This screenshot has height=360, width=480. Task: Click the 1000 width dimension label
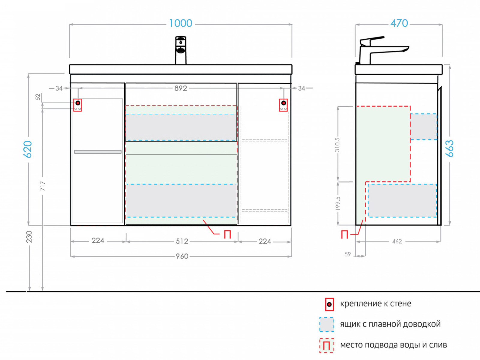(x=181, y=23)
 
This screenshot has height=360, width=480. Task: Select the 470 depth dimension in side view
(x=399, y=23)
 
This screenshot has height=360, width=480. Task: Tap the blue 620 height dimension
(x=28, y=149)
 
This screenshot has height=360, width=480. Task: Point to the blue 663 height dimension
(x=449, y=148)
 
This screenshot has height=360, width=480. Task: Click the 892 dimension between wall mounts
(x=181, y=88)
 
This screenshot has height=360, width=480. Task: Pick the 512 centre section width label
(x=182, y=241)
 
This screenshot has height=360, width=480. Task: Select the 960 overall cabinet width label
(x=182, y=256)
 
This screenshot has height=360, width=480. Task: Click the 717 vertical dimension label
(x=43, y=186)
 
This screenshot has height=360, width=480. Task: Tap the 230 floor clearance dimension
(x=29, y=237)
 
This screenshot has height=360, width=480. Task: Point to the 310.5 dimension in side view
(x=337, y=145)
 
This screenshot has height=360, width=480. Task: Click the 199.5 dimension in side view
(x=338, y=203)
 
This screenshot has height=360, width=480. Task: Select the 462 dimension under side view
(x=397, y=241)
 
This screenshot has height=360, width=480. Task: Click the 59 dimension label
(x=347, y=254)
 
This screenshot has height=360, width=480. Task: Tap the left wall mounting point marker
(x=78, y=103)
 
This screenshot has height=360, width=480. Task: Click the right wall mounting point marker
(x=283, y=103)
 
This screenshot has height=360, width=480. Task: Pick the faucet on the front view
(x=181, y=50)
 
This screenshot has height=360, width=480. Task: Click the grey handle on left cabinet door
(x=98, y=152)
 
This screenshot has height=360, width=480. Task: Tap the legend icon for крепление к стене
(x=329, y=304)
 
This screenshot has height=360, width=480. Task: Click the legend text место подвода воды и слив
(x=393, y=345)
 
